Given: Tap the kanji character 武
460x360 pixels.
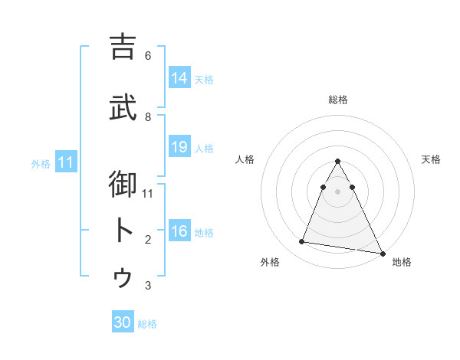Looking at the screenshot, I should [x=123, y=107].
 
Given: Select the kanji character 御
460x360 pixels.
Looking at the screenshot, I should [x=123, y=185].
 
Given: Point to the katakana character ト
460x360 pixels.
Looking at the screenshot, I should [x=123, y=231].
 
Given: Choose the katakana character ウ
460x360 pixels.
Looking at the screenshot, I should [x=123, y=277].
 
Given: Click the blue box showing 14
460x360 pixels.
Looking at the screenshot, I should [x=179, y=78].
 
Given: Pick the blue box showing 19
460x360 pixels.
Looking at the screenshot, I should [x=179, y=147].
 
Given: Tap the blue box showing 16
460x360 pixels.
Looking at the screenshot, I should [x=179, y=231].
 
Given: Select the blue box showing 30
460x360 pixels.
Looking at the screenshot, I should [x=123, y=322].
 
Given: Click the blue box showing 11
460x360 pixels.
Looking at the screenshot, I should [x=65, y=162].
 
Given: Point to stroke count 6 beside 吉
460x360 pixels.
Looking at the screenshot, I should [x=148, y=56].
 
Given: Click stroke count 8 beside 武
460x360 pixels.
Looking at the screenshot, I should [x=148, y=116].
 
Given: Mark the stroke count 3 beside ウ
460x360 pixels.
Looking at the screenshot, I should [x=148, y=286].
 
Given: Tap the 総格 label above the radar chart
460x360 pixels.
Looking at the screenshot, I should [x=338, y=100].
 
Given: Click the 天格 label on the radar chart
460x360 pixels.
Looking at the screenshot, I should [x=431, y=159].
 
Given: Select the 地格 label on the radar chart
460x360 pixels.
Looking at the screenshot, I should [x=402, y=262].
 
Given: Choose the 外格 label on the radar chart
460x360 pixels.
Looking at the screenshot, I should [x=270, y=262].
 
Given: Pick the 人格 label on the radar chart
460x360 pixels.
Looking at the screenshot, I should [x=245, y=159].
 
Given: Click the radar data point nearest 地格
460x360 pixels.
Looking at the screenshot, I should [x=382, y=253].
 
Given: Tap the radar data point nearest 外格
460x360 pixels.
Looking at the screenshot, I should [x=302, y=242].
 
